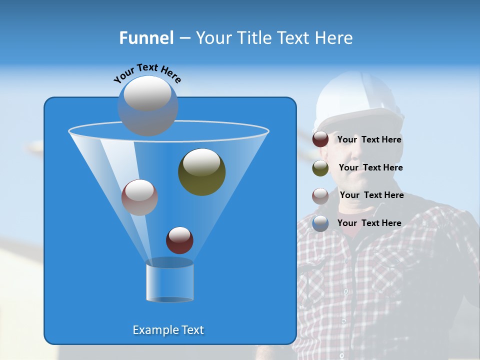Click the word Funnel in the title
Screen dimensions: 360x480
146,38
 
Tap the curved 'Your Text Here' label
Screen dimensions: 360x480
147,72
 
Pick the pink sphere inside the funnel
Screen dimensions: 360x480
139,198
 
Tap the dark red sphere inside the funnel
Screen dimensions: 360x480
179,240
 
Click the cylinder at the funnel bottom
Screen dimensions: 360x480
169,281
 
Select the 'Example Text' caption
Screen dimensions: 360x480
168,330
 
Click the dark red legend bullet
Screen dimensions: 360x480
320,139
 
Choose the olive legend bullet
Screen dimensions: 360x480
320,168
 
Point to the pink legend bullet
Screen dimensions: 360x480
320,196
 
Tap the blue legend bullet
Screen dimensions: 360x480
320,223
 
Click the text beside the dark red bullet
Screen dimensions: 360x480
369,139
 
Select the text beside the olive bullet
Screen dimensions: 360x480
370,167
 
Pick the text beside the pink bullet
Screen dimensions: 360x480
371,195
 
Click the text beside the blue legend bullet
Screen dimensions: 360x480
369,223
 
